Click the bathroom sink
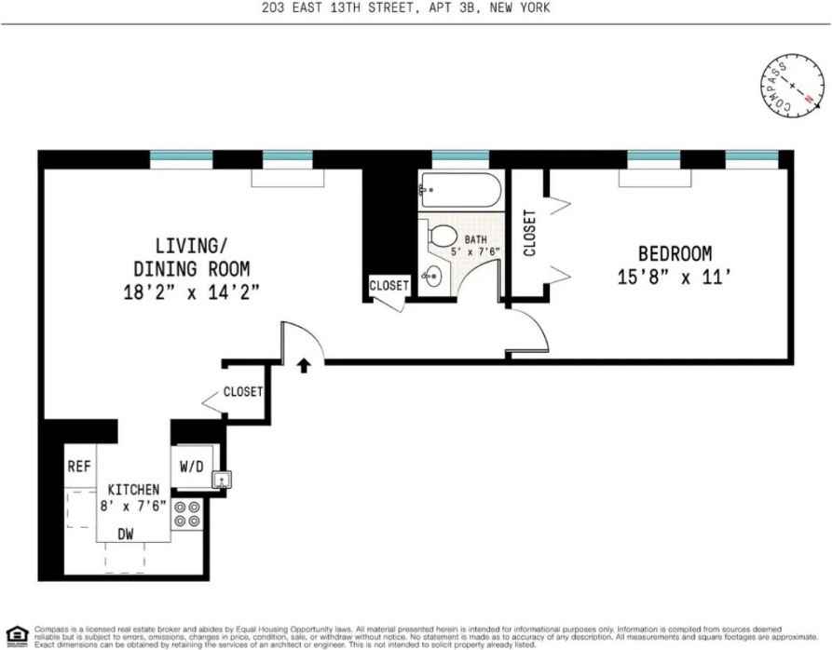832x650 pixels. pos(431,277)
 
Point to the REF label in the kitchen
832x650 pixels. pos(78,467)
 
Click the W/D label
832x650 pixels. pos(191,466)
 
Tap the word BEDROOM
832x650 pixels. pos(675,253)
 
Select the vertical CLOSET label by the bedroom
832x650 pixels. pos(529,233)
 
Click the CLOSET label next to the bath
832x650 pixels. pos(389,286)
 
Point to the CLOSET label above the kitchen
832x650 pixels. pos(242,392)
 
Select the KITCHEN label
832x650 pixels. pos(133,490)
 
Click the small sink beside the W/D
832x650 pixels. pos(221,481)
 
